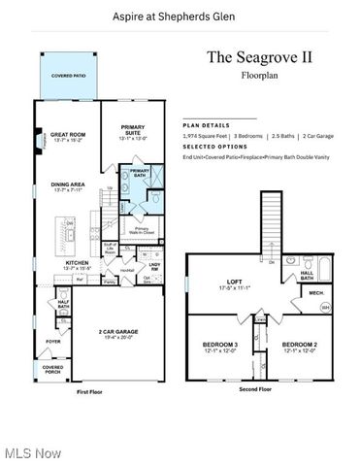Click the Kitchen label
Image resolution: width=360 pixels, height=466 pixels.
[x=79, y=263]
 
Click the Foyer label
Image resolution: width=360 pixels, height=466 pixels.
[x=52, y=341]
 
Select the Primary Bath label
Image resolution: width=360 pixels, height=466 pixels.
[x=141, y=172]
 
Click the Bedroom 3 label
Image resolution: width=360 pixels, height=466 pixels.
[x=220, y=347]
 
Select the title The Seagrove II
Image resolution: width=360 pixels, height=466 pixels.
[x=258, y=56]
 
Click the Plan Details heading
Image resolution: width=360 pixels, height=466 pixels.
[x=205, y=125]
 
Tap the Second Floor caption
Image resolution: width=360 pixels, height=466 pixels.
[x=255, y=388]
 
